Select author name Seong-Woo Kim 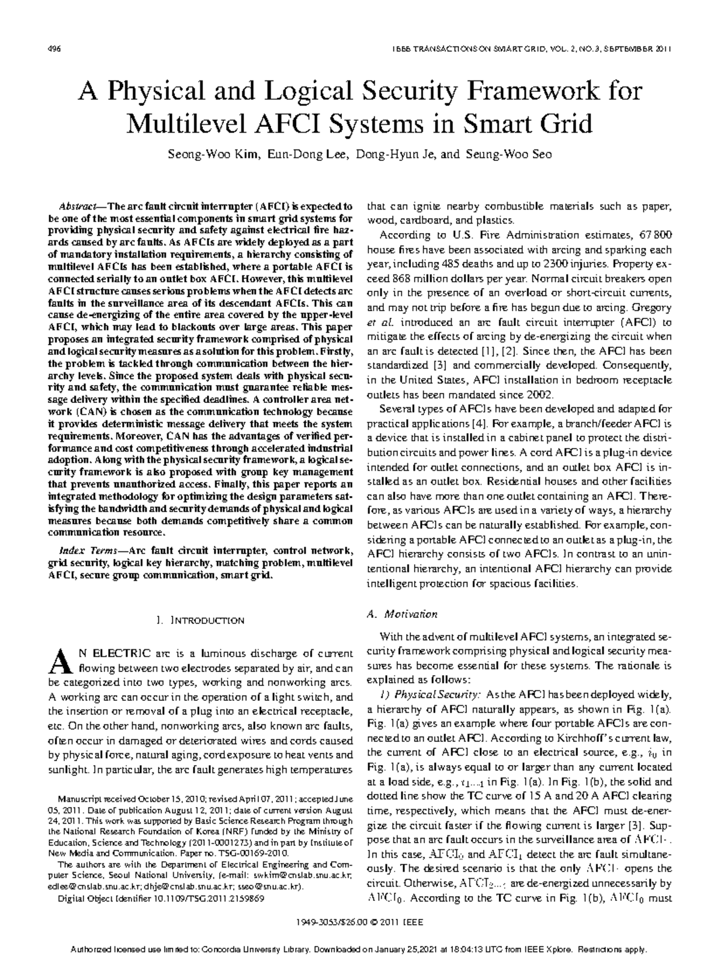(214, 154)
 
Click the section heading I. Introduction (200, 620)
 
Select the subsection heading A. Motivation (402, 614)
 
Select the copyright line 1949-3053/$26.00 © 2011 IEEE (360, 922)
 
